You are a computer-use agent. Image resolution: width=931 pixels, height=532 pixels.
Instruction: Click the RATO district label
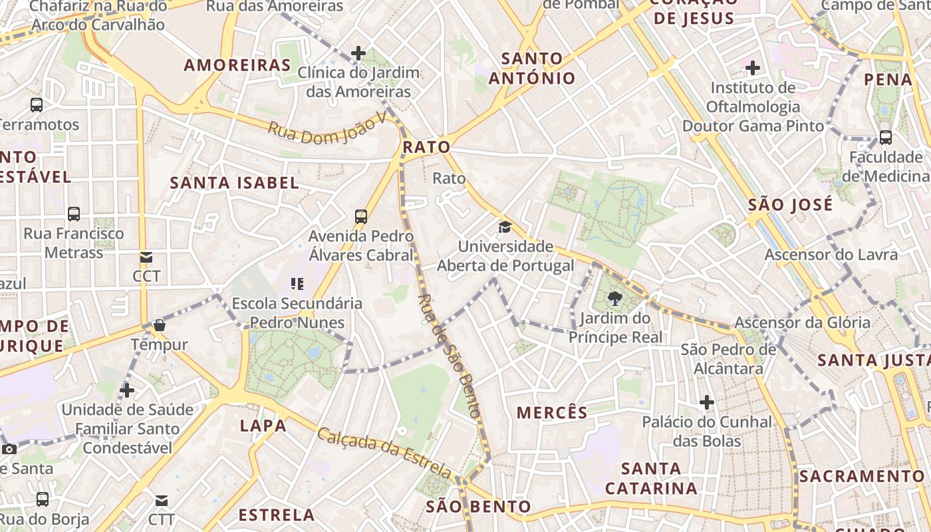(426, 147)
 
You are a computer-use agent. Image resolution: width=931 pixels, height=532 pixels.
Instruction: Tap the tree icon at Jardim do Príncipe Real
(614, 299)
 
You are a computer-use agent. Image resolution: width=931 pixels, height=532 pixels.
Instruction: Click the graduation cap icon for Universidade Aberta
(505, 227)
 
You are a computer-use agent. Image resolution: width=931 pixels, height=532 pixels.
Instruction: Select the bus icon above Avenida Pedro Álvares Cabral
(360, 216)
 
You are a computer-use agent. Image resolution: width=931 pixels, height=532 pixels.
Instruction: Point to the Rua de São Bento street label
(450, 356)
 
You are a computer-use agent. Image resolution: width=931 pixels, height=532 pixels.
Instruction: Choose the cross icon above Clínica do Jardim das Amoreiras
(358, 53)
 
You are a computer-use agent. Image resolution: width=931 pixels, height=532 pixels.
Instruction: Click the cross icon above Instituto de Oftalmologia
(753, 68)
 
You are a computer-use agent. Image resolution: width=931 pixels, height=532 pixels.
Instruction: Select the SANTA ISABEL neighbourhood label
(234, 183)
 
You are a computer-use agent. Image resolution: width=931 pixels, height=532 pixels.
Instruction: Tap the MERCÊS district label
(552, 413)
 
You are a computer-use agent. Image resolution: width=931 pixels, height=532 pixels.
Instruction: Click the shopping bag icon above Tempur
(160, 325)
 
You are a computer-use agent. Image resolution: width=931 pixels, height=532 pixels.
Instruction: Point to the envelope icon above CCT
(146, 257)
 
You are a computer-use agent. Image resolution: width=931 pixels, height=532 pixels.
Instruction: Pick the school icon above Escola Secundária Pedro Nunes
(297, 284)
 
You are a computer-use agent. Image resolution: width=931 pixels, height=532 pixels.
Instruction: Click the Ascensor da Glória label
(802, 323)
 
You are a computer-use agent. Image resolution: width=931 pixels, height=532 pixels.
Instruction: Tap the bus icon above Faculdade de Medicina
(886, 138)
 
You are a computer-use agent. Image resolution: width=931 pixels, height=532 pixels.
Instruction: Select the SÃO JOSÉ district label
(790, 205)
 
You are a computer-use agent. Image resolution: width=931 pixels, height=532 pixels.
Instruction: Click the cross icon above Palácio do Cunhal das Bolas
(706, 402)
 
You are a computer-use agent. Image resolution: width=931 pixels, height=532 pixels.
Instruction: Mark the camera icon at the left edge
(9, 449)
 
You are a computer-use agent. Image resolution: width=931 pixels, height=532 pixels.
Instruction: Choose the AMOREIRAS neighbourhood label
(237, 65)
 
